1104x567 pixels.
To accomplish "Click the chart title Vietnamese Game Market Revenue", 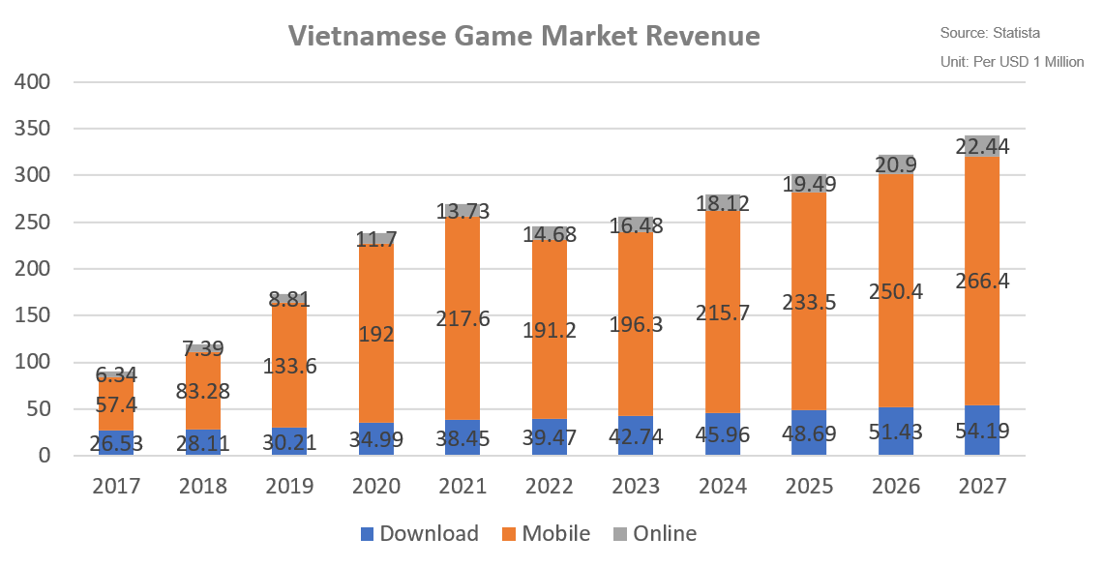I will coord(524,37).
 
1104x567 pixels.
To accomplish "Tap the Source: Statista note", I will coord(990,33).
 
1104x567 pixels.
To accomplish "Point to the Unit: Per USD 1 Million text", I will coord(1011,62).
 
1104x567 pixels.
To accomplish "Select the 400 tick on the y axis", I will coord(33,82).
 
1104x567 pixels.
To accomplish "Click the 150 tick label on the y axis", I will coord(33,315).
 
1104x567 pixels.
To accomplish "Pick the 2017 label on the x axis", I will coord(115,486).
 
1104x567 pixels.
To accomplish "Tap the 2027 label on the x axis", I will coord(983,486).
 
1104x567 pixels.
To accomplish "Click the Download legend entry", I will coord(420,533).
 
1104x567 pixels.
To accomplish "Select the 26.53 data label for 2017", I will coord(115,443).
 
